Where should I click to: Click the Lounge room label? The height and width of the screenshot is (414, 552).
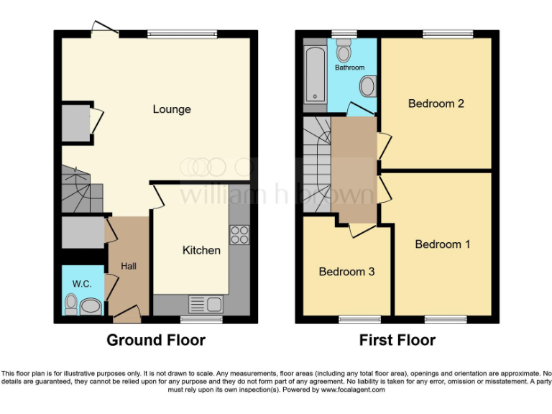(x=172, y=109)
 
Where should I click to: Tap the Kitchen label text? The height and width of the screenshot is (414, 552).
(x=201, y=250)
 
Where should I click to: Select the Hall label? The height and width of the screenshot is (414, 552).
(x=129, y=266)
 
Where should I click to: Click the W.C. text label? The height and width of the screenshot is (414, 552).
(x=82, y=284)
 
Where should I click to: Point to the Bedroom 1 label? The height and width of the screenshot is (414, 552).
(x=443, y=244)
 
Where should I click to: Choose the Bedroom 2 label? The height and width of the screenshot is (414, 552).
(x=436, y=103)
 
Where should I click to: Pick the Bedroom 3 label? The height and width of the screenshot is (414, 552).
(x=346, y=272)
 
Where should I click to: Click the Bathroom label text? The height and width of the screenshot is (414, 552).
(x=349, y=68)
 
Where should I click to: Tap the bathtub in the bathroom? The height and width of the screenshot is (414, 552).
(x=315, y=75)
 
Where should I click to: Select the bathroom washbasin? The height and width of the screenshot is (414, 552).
(x=368, y=87)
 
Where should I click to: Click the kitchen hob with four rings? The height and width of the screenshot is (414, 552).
(x=239, y=234)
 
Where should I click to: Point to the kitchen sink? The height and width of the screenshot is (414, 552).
(x=206, y=304)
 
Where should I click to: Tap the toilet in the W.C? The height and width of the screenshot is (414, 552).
(x=70, y=305)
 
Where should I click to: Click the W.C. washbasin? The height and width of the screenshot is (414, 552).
(x=91, y=307)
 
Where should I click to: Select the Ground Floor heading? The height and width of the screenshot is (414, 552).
(x=156, y=340)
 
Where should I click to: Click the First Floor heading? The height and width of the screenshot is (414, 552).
(x=397, y=340)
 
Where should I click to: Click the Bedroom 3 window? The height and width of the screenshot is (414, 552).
(x=359, y=319)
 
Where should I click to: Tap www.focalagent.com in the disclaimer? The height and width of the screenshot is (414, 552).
(x=352, y=390)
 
